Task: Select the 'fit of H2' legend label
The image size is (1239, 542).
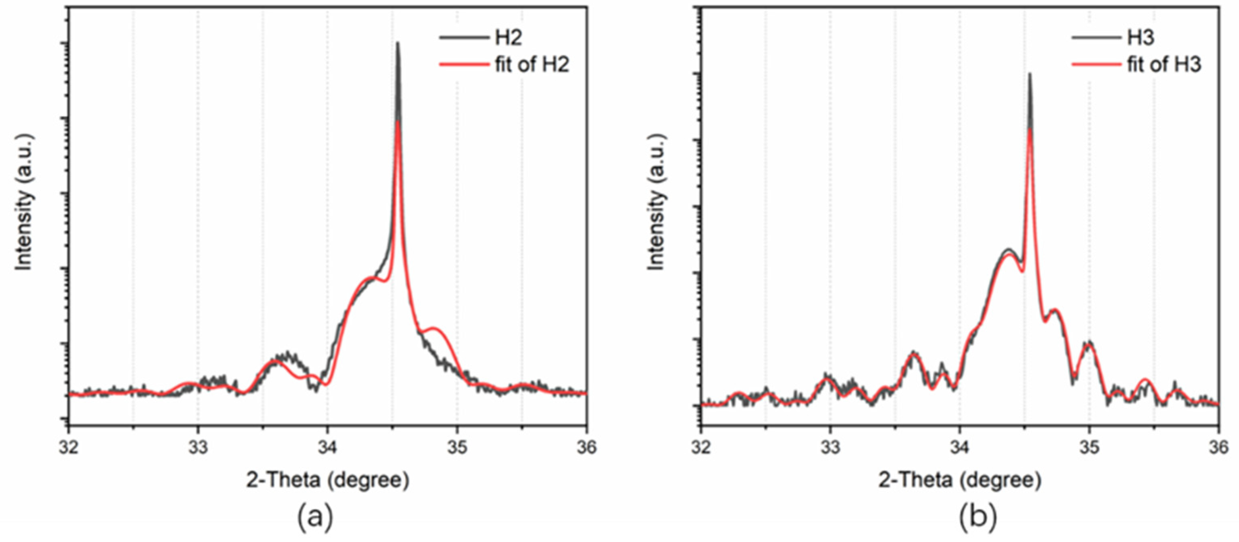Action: pyautogui.click(x=532, y=64)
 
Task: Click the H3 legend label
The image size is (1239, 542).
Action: pyautogui.click(x=1141, y=37)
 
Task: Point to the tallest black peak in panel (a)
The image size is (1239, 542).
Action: pyautogui.click(x=397, y=44)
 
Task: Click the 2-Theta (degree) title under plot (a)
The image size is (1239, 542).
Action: pyautogui.click(x=328, y=480)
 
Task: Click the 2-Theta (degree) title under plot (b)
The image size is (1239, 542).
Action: pyautogui.click(x=960, y=480)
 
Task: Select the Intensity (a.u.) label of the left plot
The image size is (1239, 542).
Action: pyautogui.click(x=24, y=202)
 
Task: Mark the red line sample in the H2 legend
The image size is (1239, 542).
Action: pyautogui.click(x=464, y=64)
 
